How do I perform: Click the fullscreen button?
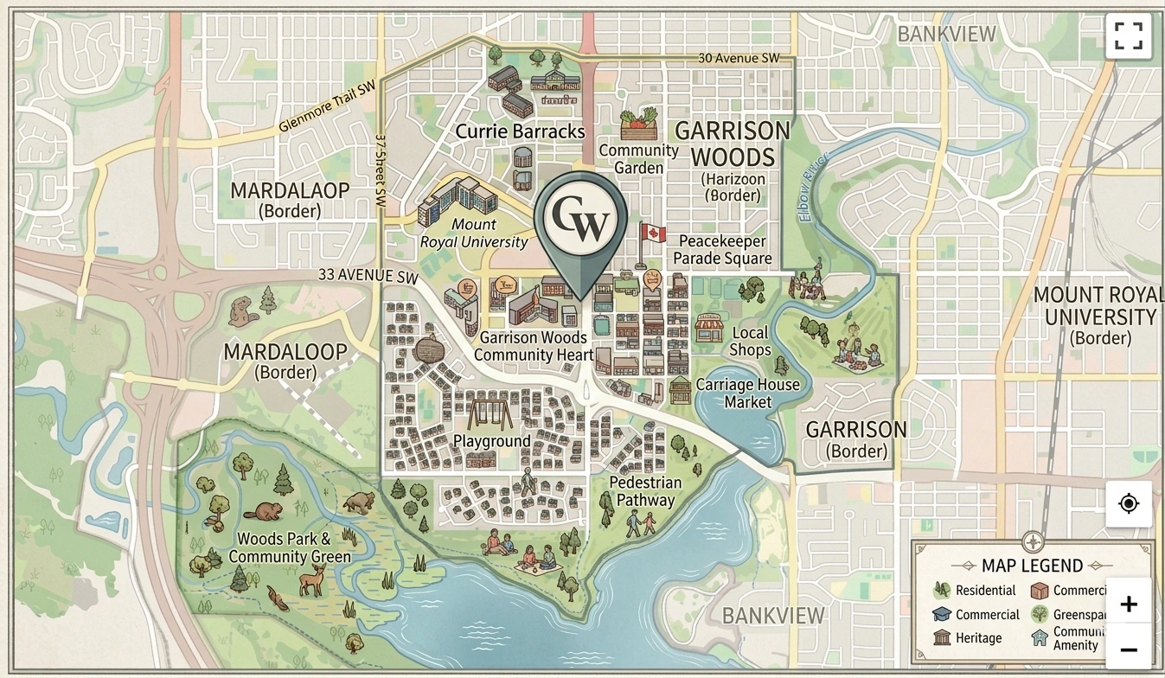[x=1128, y=36]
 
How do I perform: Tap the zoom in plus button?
[x=1128, y=604]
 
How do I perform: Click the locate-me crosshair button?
[x=1128, y=503]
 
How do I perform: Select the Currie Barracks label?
[x=520, y=132]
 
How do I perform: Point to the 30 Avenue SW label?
[x=739, y=58]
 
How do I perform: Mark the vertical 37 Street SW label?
[x=380, y=169]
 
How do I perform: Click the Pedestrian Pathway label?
[x=645, y=491]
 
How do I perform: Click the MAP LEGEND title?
[x=1032, y=566]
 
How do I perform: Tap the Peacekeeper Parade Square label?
[x=722, y=250]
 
